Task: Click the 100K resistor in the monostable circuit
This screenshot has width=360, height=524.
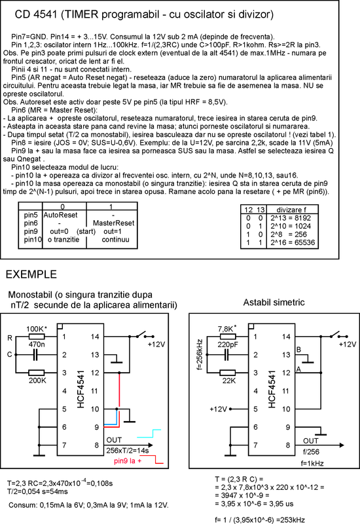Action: tap(37, 337)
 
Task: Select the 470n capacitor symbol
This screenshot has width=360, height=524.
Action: tap(35, 355)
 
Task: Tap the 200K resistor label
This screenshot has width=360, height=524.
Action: tap(37, 381)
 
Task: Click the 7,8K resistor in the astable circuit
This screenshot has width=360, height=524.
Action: tap(227, 337)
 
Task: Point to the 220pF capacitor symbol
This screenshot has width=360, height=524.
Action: tap(226, 355)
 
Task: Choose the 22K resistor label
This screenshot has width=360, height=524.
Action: tap(229, 381)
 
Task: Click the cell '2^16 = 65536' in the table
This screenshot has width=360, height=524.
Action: tap(293, 242)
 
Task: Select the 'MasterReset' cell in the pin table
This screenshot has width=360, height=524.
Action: tap(113, 223)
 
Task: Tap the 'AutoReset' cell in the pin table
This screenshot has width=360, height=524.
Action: tap(60, 215)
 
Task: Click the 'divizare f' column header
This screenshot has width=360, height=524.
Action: tap(291, 210)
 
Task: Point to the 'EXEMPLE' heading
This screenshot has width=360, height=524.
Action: tap(31, 274)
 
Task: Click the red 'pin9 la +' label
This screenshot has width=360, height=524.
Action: tap(128, 461)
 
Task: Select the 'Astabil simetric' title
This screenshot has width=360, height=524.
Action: tap(274, 303)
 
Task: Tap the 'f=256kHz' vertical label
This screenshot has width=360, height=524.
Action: tap(200, 354)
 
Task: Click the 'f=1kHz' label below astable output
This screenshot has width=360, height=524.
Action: tap(312, 463)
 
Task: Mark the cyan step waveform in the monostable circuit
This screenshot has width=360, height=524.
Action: tap(149, 434)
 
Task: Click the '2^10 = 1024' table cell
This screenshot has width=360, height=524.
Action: tap(291, 226)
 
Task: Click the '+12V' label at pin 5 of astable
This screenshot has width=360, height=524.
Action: tap(219, 409)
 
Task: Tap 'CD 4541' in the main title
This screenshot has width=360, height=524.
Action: tap(36, 14)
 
